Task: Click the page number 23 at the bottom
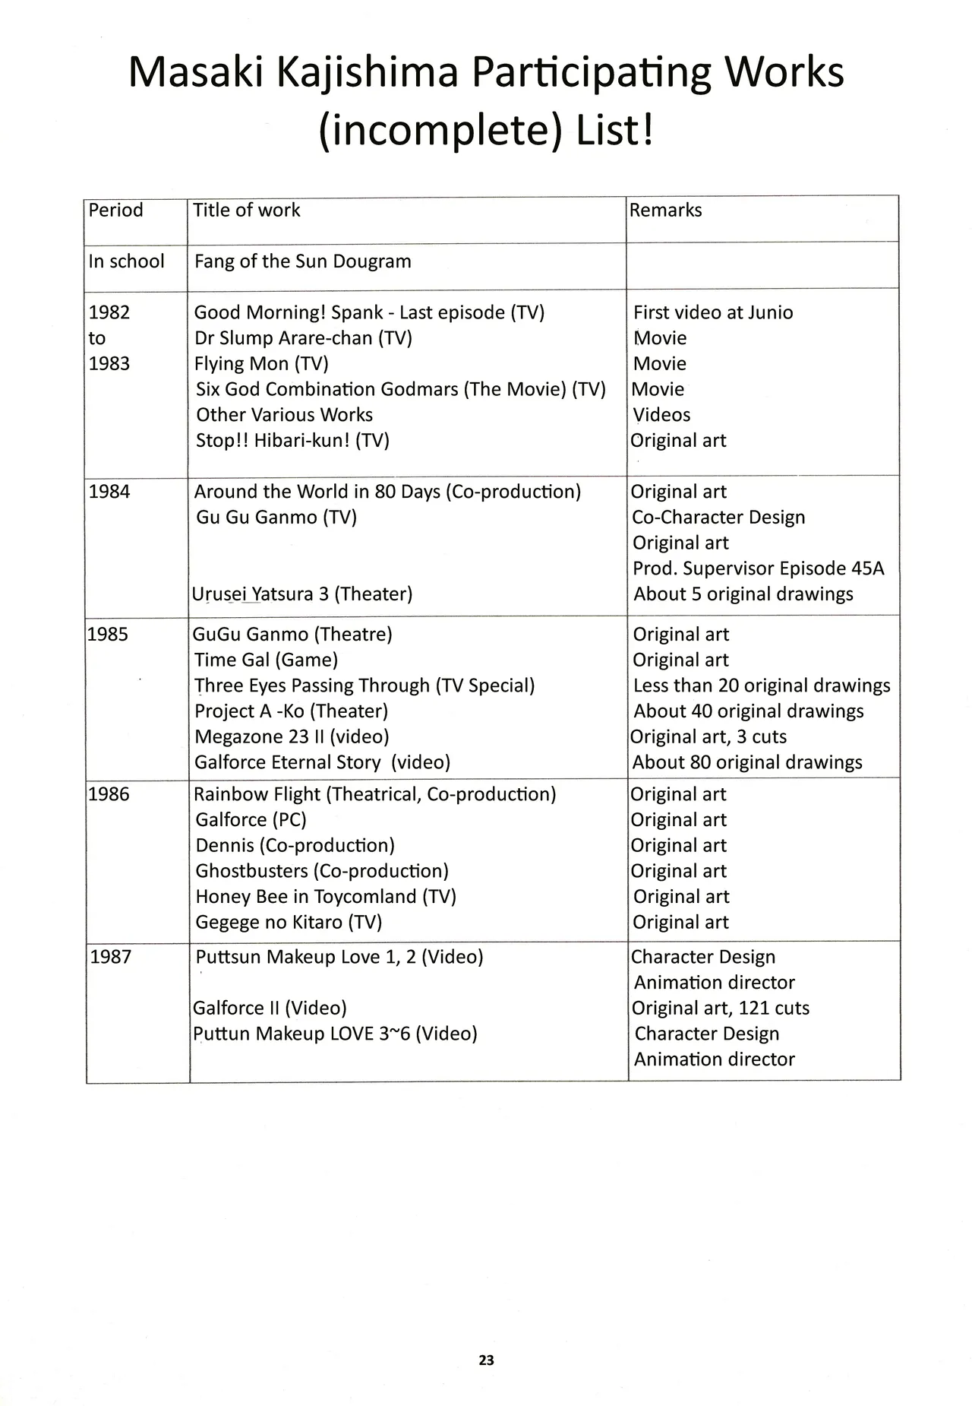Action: coord(486,1360)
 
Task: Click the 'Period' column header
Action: coord(115,211)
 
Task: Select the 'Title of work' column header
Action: coord(246,211)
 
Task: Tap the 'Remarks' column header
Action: coord(665,211)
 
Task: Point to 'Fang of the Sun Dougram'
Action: coord(302,261)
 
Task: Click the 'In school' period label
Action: coord(126,261)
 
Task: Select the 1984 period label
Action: coord(109,492)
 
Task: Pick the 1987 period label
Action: coord(110,957)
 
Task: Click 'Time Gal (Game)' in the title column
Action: coord(266,660)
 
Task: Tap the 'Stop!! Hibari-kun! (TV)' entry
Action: coord(292,441)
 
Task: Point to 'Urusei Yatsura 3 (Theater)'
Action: coord(302,594)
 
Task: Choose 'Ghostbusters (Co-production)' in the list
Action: coord(322,871)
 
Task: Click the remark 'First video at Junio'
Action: coord(713,312)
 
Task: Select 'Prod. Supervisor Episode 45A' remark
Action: coord(758,568)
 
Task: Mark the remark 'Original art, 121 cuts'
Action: coord(720,1009)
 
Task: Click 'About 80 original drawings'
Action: coord(747,762)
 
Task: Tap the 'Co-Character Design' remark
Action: coord(718,518)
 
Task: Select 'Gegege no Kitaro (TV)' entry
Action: coord(289,923)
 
